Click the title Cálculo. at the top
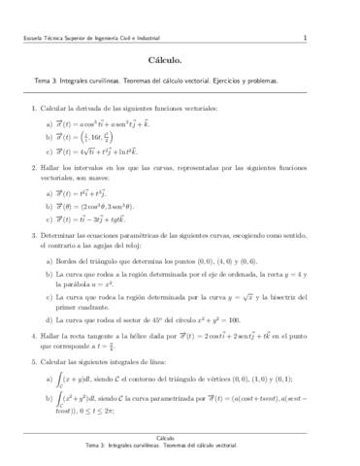[x=180, y=60]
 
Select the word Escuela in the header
[x=38, y=39]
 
